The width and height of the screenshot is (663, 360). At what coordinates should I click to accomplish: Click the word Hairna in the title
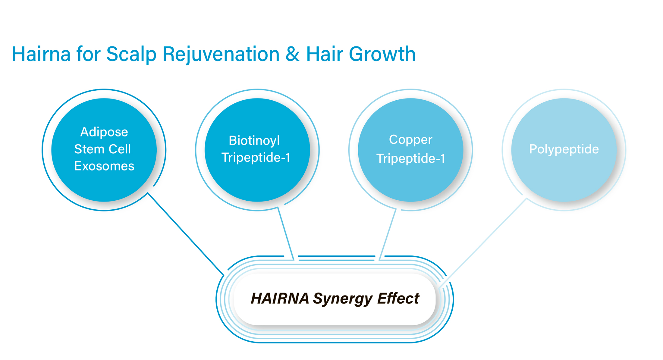point(41,54)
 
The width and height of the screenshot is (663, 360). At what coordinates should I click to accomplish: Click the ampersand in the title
point(293,54)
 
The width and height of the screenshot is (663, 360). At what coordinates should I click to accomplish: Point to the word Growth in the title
point(382,54)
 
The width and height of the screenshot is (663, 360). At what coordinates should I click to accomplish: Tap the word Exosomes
point(104,166)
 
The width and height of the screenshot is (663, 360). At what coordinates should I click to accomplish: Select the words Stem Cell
point(102,149)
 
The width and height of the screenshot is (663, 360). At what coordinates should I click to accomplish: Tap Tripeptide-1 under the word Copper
point(411,159)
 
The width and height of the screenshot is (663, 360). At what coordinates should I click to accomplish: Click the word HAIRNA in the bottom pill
point(280,299)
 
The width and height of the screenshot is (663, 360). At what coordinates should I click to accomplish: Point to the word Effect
point(398,299)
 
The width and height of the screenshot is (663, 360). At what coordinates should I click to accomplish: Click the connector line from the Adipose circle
point(186,234)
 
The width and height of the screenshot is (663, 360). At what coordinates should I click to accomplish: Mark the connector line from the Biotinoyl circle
point(286,233)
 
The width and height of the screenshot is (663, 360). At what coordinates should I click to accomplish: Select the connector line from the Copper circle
point(388,234)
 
